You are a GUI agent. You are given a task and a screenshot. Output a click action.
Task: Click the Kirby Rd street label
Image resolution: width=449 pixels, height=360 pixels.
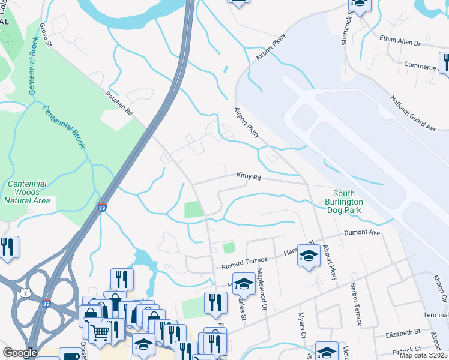pos(248,178)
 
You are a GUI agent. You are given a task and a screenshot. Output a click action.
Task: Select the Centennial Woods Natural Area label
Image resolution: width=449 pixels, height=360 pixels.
pos(26,193)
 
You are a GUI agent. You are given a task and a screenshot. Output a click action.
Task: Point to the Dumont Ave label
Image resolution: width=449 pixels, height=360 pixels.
pos(362,232)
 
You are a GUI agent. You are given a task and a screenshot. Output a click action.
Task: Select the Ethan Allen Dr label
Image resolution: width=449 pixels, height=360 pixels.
pos(400,43)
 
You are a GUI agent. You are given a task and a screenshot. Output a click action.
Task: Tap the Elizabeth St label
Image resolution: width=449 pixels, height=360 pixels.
pos(403,331)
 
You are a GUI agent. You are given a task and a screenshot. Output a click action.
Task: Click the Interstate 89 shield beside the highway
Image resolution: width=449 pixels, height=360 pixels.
pos(103,207)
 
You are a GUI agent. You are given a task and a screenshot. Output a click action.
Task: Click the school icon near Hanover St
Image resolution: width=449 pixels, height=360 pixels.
pos(309,257)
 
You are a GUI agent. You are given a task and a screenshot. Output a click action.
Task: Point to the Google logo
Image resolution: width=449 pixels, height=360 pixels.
pos(20,353)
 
